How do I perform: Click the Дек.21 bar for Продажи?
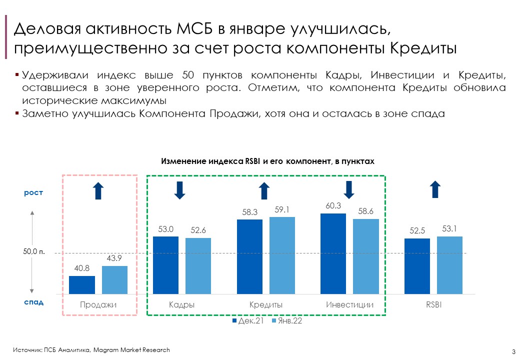82,285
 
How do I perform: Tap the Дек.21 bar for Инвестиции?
333,253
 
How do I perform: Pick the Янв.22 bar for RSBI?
449,265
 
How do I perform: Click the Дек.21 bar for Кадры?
165,265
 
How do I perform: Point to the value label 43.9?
114,258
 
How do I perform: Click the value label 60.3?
333,205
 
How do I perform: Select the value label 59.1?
282,209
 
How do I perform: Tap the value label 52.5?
417,230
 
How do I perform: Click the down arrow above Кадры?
180,190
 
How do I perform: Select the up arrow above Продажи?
98,190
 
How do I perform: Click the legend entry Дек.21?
247,321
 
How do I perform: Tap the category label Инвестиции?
349,304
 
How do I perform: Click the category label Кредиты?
266,304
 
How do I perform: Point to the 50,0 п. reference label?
34,252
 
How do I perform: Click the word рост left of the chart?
34,192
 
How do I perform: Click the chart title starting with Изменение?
267,161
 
